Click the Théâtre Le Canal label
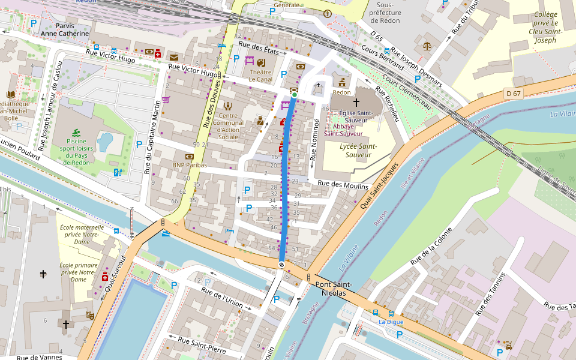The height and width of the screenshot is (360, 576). click(x=260, y=76)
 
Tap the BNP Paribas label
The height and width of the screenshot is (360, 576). click(x=190, y=165)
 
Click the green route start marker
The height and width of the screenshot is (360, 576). click(x=295, y=95)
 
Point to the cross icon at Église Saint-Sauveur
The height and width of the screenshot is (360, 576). click(x=356, y=103)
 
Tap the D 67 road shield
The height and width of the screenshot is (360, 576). click(x=513, y=94)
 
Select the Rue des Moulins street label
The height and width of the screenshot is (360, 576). click(x=343, y=185)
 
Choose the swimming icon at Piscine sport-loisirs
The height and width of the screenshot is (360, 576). click(x=76, y=133)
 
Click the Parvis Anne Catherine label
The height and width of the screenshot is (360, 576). click(x=64, y=30)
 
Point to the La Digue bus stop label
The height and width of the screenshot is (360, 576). click(x=391, y=322)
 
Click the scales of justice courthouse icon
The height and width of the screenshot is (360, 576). click(x=427, y=46)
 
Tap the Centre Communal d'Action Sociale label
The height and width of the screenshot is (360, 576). click(x=227, y=126)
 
